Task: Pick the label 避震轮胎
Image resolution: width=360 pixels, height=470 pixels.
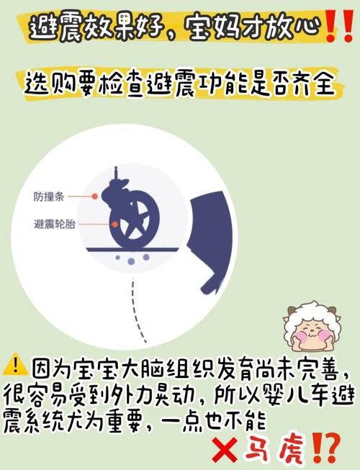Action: pyautogui.click(x=54, y=224)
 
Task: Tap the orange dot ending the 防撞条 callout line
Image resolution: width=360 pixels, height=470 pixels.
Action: pyautogui.click(x=94, y=196)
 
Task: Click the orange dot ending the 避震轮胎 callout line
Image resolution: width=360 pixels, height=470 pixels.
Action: pyautogui.click(x=113, y=225)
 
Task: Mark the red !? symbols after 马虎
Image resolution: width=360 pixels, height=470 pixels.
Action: pyautogui.click(x=323, y=448)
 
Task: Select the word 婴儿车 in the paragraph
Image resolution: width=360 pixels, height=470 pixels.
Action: pyautogui.click(x=285, y=394)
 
